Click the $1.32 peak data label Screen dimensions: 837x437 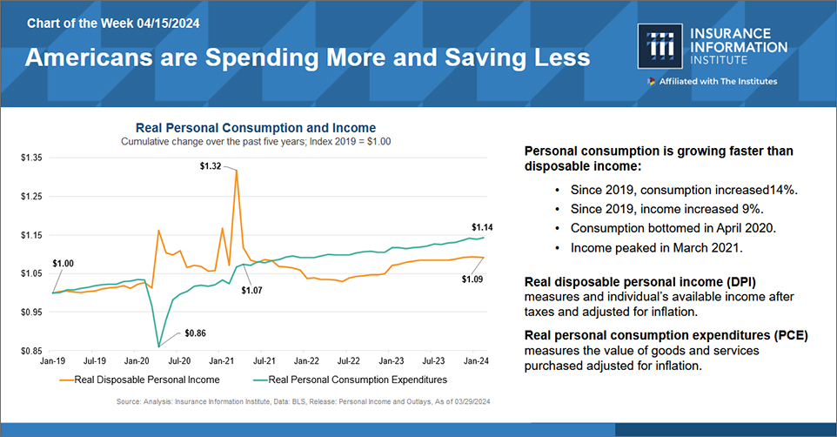tap(211, 166)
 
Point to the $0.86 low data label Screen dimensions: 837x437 tap(195, 333)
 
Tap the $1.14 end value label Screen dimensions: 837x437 tap(482, 227)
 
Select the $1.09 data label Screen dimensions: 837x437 tap(472, 279)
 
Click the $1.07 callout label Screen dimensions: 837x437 tap(251, 291)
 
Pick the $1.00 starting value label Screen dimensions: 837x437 tap(63, 264)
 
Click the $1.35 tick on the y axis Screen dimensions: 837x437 tap(31, 158)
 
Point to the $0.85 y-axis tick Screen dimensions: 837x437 tap(31, 351)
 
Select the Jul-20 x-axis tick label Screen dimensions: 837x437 tap(179, 361)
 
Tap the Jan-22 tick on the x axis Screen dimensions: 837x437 tap(306, 361)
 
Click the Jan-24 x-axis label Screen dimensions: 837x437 tap(476, 361)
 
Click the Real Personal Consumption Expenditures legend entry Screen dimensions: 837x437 tap(350, 380)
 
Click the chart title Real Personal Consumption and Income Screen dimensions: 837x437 tap(256, 128)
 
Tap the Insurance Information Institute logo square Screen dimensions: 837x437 tap(660, 46)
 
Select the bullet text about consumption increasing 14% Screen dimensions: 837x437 tap(684, 190)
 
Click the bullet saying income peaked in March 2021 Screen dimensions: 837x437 tap(657, 248)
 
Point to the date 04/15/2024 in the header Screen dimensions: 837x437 tap(168, 24)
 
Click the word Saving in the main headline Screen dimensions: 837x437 tap(485, 58)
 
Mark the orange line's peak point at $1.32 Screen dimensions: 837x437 tap(236, 171)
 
